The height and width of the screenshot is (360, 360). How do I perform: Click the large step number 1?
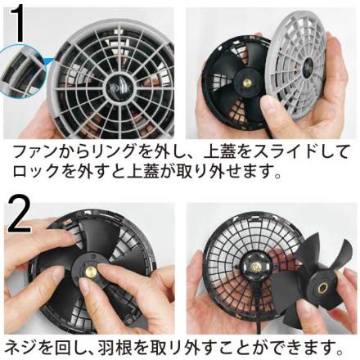click(x=16, y=24)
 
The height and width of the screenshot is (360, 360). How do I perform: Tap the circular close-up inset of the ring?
click(x=21, y=71)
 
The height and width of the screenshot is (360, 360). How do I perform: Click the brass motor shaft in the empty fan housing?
click(x=256, y=266)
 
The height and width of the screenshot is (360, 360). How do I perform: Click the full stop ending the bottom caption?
click(x=340, y=351)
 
